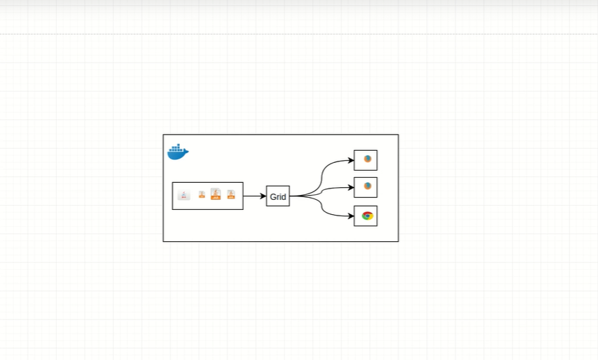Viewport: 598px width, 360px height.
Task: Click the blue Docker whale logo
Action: (x=177, y=152)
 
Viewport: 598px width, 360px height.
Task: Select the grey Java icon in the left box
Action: (x=184, y=195)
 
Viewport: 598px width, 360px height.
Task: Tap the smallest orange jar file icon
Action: (x=202, y=194)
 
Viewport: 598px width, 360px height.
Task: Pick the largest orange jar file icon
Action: (x=215, y=194)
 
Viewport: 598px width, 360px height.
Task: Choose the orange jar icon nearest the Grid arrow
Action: (x=231, y=194)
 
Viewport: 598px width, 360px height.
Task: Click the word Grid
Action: (x=278, y=196)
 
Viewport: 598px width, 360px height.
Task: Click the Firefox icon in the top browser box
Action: (x=368, y=159)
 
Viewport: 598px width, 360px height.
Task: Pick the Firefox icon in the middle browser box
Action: (x=368, y=186)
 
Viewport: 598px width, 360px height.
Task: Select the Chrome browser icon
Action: (x=367, y=216)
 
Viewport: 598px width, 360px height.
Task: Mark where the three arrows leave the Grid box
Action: (x=291, y=196)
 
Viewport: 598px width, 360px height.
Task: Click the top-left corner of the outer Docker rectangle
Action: (x=164, y=134)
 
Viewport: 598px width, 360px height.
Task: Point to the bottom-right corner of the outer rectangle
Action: (x=398, y=241)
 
